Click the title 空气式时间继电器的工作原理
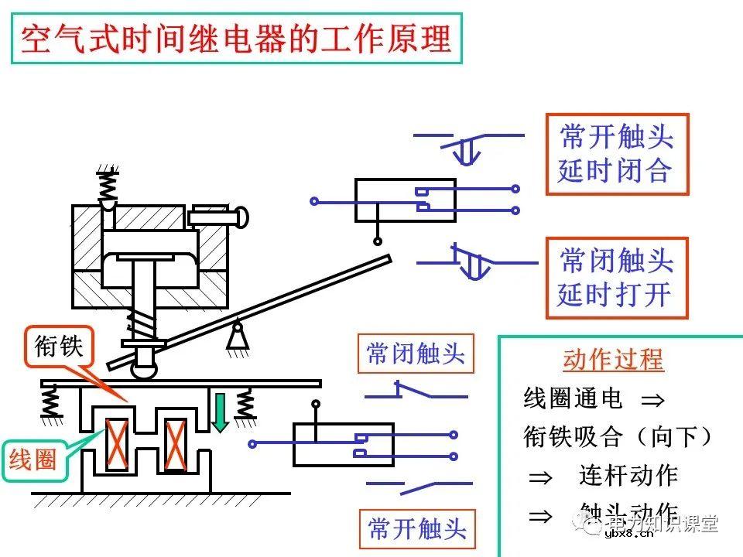click(236, 39)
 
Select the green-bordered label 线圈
click(33, 460)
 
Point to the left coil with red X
click(118, 444)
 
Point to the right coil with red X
click(176, 444)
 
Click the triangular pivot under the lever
click(238, 338)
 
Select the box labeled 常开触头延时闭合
click(616, 155)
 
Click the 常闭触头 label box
click(416, 354)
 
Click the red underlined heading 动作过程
click(613, 360)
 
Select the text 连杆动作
click(628, 476)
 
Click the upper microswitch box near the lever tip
click(405, 200)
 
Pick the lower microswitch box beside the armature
click(343, 444)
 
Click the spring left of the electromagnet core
click(51, 402)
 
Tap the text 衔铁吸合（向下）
click(618, 437)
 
